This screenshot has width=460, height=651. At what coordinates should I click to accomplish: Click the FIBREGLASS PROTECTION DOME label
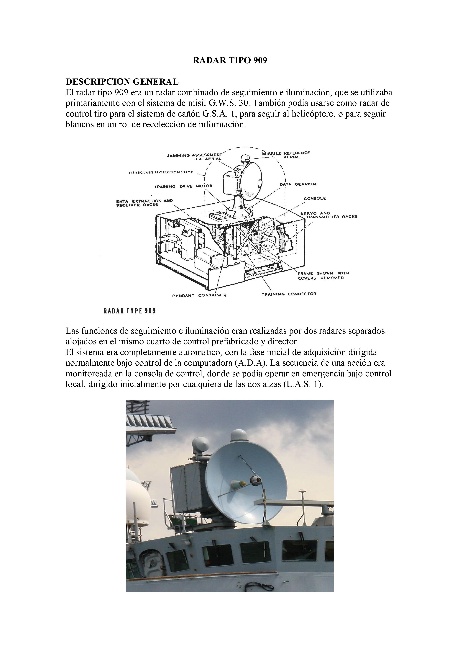[x=161, y=172]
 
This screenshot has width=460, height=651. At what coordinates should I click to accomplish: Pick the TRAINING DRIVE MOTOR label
[x=183, y=186]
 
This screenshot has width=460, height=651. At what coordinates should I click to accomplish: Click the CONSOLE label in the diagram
[x=315, y=199]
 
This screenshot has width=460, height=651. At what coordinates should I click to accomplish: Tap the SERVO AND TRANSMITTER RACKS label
[x=329, y=215]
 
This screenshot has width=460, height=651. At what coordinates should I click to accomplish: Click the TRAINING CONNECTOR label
[x=289, y=294]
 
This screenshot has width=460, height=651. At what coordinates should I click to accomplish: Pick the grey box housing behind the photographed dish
[x=187, y=481]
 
